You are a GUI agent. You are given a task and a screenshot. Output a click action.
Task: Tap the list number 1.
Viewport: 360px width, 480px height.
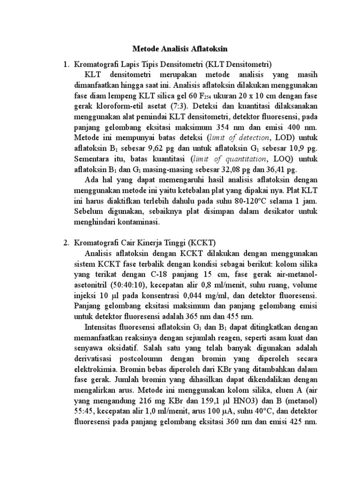tap(66, 64)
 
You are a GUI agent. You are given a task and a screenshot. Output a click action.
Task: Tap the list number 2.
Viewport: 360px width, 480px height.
tap(66, 242)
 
